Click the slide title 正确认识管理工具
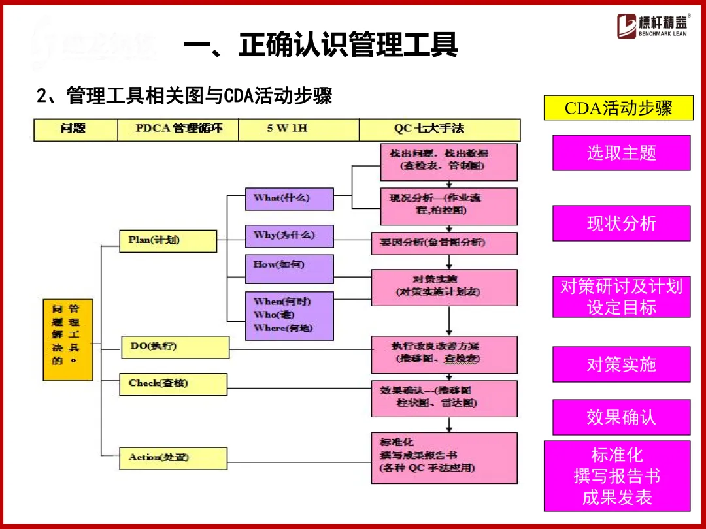coord(320,46)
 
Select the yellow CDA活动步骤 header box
coord(618,108)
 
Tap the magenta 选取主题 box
coord(621,153)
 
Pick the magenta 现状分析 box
coord(621,223)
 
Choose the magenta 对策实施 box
coord(621,364)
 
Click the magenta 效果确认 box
coord(621,417)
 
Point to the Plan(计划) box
coord(168,240)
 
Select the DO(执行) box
coord(175,347)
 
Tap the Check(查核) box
coord(173,384)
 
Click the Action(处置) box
coord(173,457)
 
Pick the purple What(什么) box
coord(289,199)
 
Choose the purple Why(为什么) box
coord(289,236)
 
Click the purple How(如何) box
coord(289,268)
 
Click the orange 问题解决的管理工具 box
coord(67,339)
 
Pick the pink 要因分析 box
coord(444,243)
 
